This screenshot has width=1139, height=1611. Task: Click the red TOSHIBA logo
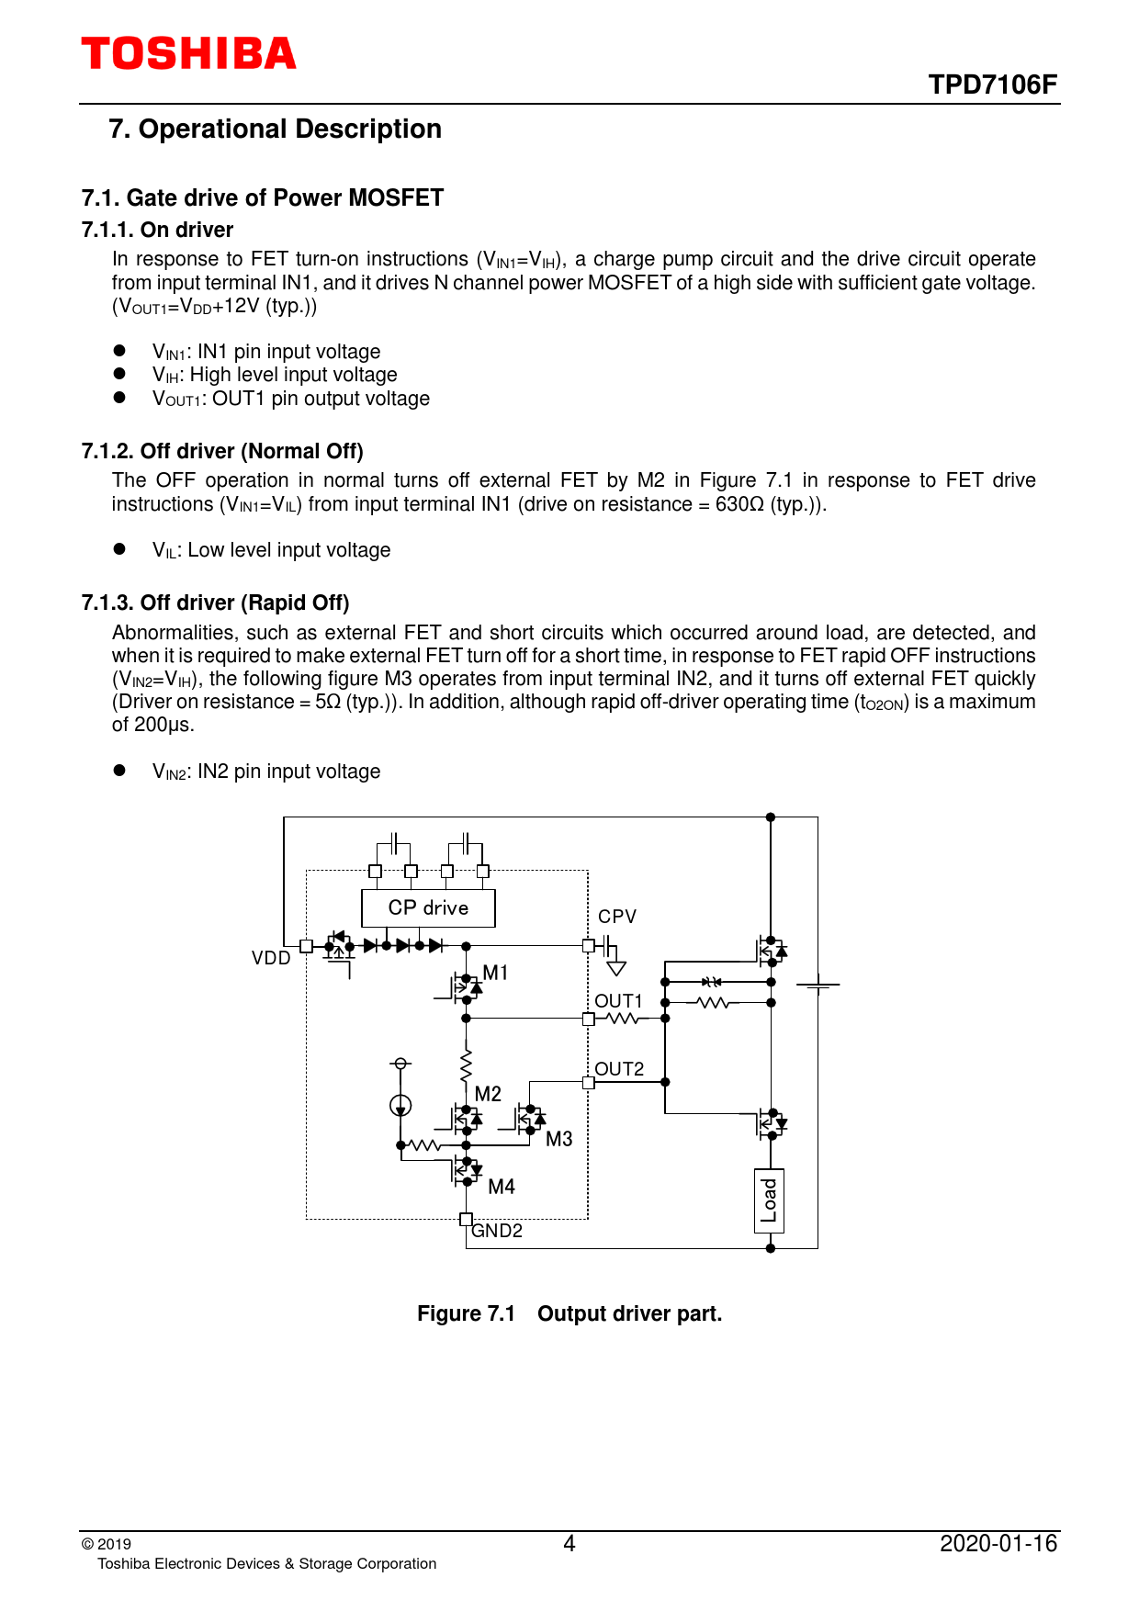tap(188, 54)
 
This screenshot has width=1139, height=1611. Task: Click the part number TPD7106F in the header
tap(992, 85)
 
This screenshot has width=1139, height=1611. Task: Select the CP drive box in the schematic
tap(428, 908)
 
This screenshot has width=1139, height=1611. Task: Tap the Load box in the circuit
tap(770, 1200)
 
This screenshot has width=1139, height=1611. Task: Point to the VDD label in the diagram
tap(271, 958)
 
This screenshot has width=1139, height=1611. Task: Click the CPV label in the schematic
tap(616, 917)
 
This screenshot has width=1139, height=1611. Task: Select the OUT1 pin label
tap(618, 1001)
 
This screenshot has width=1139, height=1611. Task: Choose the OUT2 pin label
tap(619, 1069)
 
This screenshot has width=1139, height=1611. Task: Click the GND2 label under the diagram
tap(497, 1231)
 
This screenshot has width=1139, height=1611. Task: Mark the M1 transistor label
tap(495, 973)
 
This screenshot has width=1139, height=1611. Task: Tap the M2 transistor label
tap(488, 1094)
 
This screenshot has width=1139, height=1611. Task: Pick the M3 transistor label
tap(558, 1139)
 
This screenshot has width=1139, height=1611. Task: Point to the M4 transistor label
tap(502, 1187)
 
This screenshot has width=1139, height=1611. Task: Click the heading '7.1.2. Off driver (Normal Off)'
tap(222, 451)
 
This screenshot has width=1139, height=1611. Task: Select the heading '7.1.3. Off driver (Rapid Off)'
tap(215, 603)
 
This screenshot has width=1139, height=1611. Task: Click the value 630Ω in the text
tap(739, 504)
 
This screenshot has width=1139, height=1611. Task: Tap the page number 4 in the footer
tap(569, 1543)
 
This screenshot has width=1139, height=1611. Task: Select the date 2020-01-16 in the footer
tap(998, 1543)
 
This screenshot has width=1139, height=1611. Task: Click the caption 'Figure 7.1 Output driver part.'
tap(569, 1313)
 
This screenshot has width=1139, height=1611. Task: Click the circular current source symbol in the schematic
tap(400, 1105)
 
